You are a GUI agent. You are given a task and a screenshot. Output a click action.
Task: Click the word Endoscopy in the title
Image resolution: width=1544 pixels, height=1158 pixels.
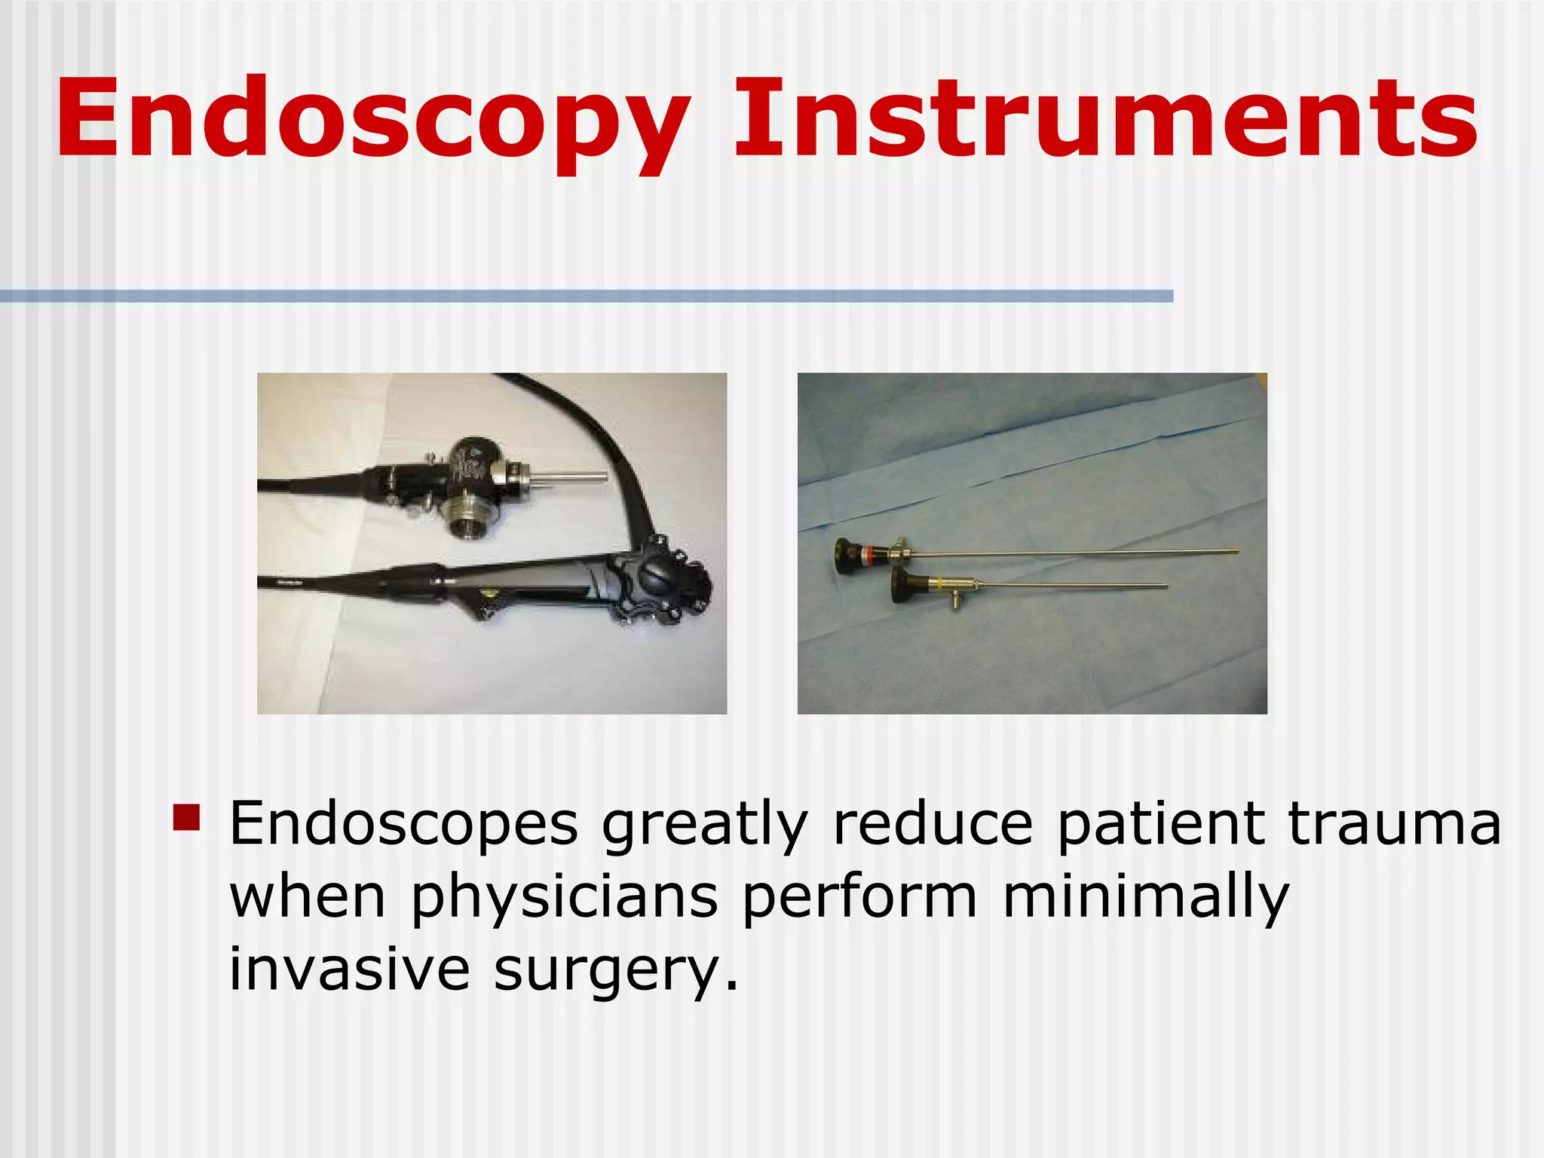[372, 121]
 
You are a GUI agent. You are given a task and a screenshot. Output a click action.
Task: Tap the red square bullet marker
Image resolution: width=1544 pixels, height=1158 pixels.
[186, 817]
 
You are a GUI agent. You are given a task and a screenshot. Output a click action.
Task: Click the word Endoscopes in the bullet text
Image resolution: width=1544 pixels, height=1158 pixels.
[403, 825]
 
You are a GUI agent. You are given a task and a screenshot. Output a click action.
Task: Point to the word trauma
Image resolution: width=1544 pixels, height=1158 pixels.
[1394, 823]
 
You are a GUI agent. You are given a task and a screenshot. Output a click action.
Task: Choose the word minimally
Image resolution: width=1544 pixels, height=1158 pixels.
[1145, 897]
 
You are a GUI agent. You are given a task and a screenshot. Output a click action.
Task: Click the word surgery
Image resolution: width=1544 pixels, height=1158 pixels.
[615, 970]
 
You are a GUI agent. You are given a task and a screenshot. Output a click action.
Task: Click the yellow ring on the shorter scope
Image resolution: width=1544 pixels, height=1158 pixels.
[939, 586]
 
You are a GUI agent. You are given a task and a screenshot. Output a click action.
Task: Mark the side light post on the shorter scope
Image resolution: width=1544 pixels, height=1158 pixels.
[955, 601]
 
